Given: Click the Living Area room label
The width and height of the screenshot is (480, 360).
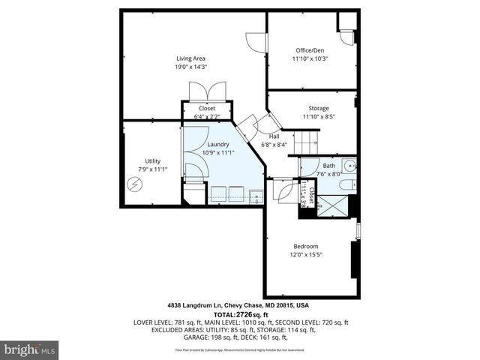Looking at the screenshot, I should pyautogui.click(x=190, y=58).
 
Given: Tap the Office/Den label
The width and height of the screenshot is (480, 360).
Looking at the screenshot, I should pyautogui.click(x=310, y=49).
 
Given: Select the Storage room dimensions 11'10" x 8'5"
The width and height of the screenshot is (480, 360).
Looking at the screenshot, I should pyautogui.click(x=318, y=117).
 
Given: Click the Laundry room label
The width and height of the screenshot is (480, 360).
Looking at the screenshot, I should pyautogui.click(x=218, y=144).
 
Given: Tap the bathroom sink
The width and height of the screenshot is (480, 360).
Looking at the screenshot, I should pyautogui.click(x=350, y=166).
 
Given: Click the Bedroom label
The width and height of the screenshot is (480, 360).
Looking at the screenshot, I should pyautogui.click(x=306, y=247).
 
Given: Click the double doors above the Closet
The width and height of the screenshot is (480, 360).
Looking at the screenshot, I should pyautogui.click(x=205, y=92).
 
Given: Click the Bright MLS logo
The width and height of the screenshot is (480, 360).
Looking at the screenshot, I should pyautogui.click(x=30, y=349).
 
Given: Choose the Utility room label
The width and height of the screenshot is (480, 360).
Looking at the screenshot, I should pyautogui.click(x=152, y=160).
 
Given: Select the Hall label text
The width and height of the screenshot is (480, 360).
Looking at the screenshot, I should pyautogui.click(x=274, y=136).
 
